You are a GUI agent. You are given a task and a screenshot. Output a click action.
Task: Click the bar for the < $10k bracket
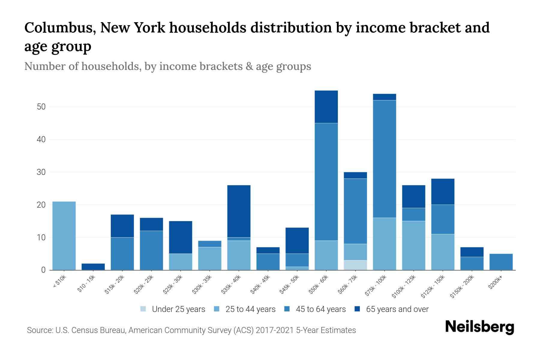tap(64, 235)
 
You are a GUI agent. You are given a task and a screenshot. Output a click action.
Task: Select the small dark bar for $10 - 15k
tap(93, 267)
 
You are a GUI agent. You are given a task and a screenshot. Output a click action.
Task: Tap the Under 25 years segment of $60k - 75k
tap(355, 265)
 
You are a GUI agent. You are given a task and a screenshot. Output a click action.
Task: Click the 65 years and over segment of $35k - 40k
tap(239, 211)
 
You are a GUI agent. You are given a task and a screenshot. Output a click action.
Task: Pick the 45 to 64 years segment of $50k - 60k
tap(326, 181)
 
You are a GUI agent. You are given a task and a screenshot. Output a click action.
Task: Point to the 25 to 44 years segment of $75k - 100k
tap(384, 244)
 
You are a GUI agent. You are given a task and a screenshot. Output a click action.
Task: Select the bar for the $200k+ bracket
tap(501, 262)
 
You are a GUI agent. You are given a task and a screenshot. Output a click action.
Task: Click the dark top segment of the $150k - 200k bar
tap(472, 252)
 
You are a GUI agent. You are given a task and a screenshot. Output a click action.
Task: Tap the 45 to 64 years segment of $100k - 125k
tap(413, 214)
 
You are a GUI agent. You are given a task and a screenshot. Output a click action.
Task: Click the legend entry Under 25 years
tap(178, 309)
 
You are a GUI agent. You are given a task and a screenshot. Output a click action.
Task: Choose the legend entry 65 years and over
tap(397, 309)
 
